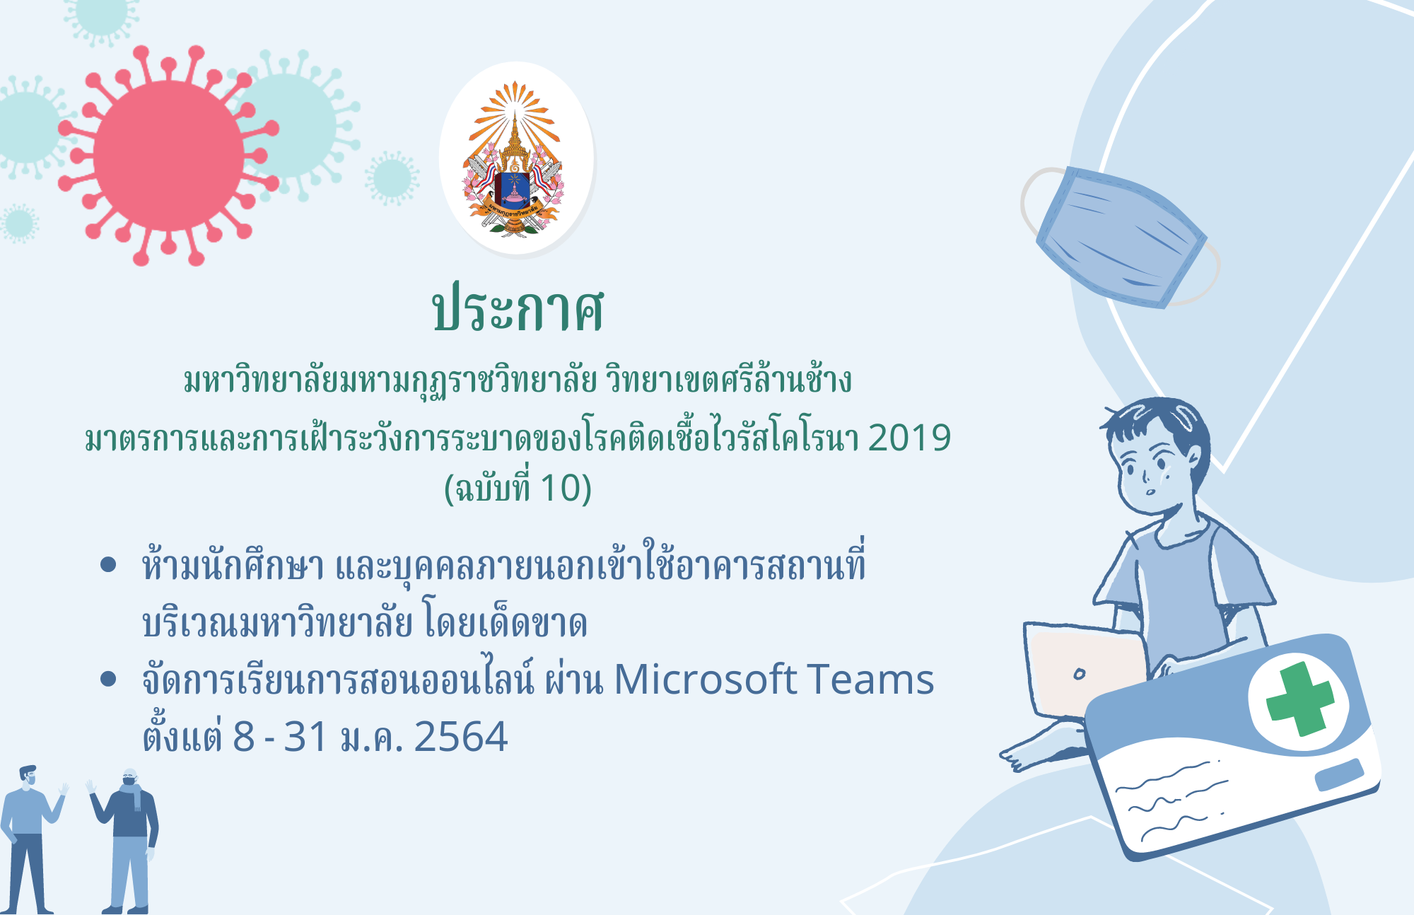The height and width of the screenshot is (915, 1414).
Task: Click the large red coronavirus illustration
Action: tap(168, 156)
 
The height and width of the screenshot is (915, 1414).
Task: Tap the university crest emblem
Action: tap(515, 158)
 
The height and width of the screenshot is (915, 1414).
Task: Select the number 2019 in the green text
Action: tap(909, 438)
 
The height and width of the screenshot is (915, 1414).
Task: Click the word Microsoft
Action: tap(705, 680)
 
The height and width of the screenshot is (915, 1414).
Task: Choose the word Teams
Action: tap(870, 680)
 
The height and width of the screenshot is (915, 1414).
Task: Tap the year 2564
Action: tap(460, 737)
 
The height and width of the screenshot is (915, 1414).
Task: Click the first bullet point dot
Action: tap(108, 564)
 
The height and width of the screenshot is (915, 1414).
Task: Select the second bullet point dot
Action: tap(108, 679)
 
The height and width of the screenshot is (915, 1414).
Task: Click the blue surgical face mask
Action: tap(1121, 238)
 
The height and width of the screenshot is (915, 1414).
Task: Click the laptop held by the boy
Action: tap(1085, 670)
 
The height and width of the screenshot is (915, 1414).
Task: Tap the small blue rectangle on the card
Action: tap(1339, 774)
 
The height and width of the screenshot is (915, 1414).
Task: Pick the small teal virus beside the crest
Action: tap(392, 178)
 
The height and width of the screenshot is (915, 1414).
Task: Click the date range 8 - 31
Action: tap(280, 737)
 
